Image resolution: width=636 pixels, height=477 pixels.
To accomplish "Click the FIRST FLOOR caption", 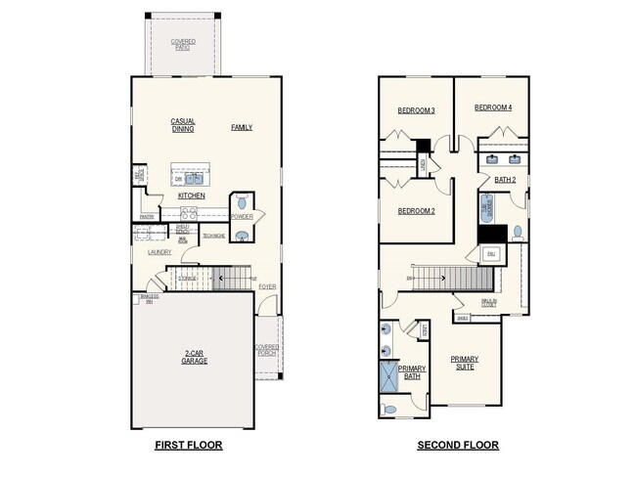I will [x=189, y=445].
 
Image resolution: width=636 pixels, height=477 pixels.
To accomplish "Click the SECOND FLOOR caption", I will [x=458, y=445].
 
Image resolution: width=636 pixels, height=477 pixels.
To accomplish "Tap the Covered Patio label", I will [x=183, y=44].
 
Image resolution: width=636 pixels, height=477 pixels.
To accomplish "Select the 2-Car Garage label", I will [x=194, y=357].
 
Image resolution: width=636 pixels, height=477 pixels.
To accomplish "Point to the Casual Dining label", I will [x=183, y=125].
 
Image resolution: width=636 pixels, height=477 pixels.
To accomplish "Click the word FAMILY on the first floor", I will [x=242, y=128].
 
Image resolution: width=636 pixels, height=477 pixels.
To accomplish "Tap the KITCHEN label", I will [x=191, y=196].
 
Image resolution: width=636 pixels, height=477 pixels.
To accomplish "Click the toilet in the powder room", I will [x=242, y=204].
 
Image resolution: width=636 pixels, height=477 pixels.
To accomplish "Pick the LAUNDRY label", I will [x=159, y=252].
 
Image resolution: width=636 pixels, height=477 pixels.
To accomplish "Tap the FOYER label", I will [x=267, y=287].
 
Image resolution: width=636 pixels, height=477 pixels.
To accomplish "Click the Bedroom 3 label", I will [x=416, y=110].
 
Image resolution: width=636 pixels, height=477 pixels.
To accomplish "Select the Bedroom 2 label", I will [x=416, y=211].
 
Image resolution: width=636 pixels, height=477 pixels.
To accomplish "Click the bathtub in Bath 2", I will [x=486, y=209].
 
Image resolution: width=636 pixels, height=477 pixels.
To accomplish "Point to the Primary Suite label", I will [x=465, y=363].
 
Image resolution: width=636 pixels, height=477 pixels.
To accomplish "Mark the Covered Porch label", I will [x=267, y=349].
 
